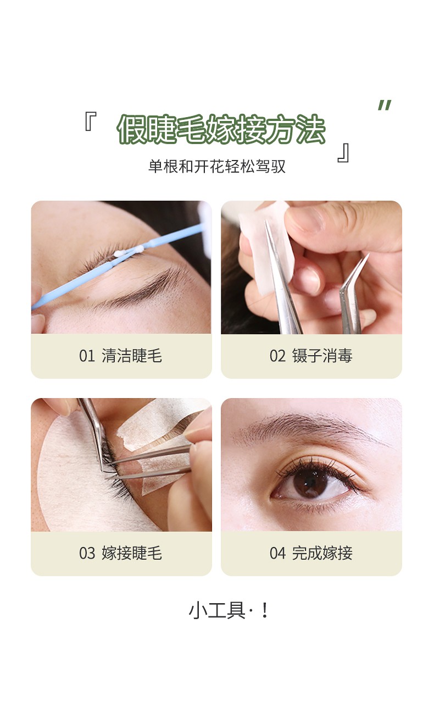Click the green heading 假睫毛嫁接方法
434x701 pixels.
pyautogui.click(x=221, y=129)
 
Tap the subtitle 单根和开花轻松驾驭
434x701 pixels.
pyautogui.click(x=217, y=166)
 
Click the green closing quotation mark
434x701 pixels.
pyautogui.click(x=385, y=105)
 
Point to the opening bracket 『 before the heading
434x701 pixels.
pyautogui.click(x=90, y=121)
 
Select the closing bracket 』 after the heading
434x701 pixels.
pyautogui.click(x=343, y=153)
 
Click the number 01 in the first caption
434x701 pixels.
pyautogui.click(x=87, y=356)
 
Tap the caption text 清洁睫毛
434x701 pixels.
pyautogui.click(x=132, y=356)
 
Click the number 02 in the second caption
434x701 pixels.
pyautogui.click(x=277, y=356)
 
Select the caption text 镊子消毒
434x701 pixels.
pyautogui.click(x=322, y=356)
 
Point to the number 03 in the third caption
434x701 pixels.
pyautogui.click(x=87, y=553)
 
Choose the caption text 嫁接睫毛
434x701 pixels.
pyautogui.click(x=132, y=553)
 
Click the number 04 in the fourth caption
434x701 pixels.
pyautogui.click(x=277, y=553)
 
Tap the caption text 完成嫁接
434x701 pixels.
pyautogui.click(x=322, y=553)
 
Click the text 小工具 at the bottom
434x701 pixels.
pyautogui.click(x=217, y=611)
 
